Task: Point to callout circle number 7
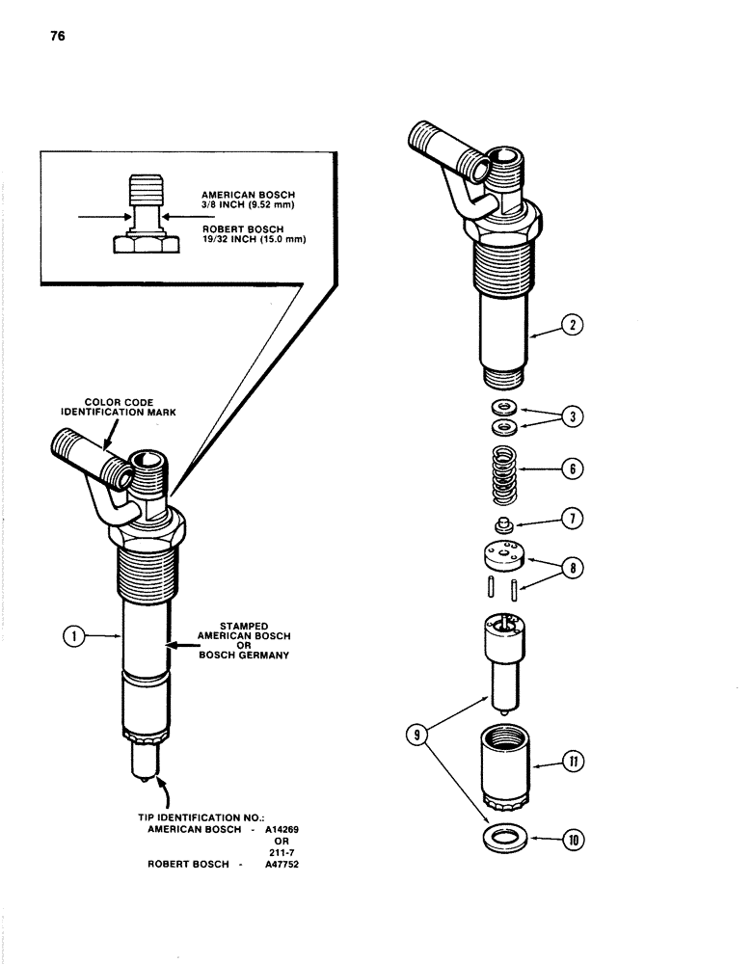click(x=574, y=520)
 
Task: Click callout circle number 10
click(x=577, y=839)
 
